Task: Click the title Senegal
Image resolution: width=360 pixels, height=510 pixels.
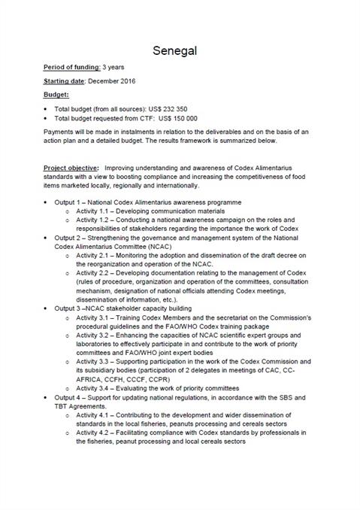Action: (x=179, y=50)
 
